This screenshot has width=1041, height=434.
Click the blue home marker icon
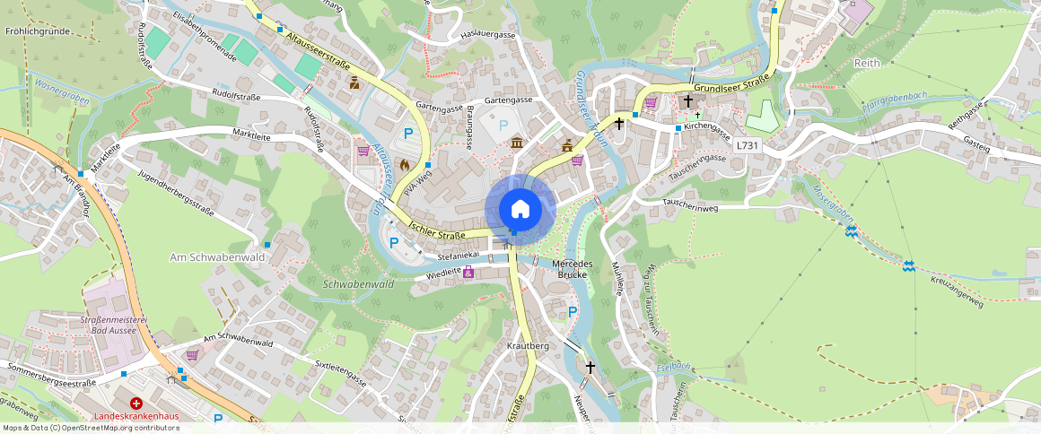pyautogui.click(x=520, y=209)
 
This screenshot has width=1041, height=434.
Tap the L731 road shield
pyautogui.click(x=747, y=145)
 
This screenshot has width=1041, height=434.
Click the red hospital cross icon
pyautogui.click(x=136, y=404)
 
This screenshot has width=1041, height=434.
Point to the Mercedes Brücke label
pyautogui.click(x=572, y=269)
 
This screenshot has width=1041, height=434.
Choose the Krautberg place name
pyautogui.click(x=528, y=345)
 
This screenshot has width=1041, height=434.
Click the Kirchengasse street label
pyautogui.click(x=706, y=127)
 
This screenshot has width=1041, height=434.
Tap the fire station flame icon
pyautogui.click(x=404, y=165)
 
